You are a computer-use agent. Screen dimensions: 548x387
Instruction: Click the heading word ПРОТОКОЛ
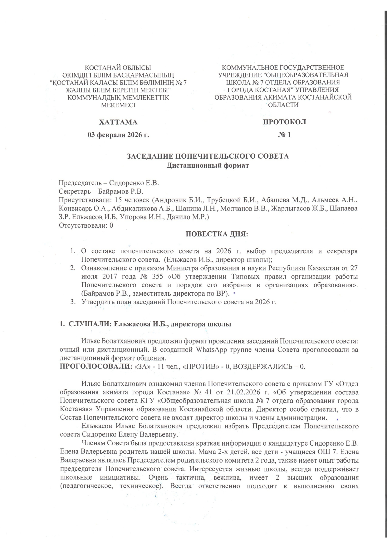click(284, 122)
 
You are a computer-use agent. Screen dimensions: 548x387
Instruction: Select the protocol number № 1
click(284, 135)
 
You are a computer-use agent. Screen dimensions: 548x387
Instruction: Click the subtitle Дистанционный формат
click(208, 165)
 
